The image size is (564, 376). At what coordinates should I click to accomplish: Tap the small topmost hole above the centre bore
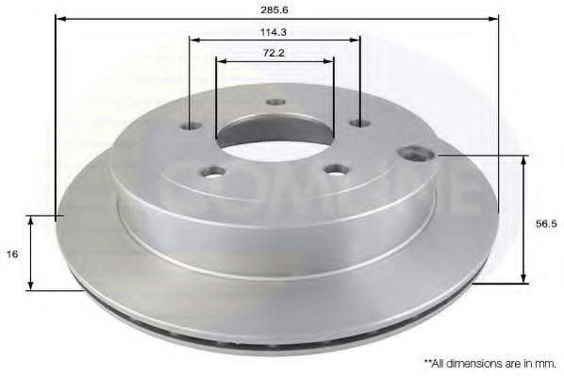[275, 102]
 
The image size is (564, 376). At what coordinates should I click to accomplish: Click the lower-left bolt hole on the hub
[213, 172]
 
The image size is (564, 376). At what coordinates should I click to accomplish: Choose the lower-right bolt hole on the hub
[332, 170]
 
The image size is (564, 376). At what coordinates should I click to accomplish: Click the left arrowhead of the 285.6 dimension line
[60, 18]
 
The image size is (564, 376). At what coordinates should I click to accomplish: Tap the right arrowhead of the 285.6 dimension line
[492, 18]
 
